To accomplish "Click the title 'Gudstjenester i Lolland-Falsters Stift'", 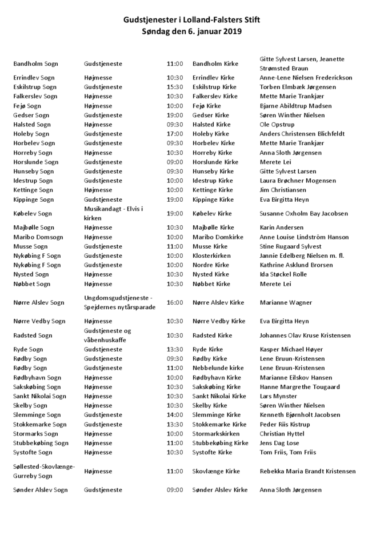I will [192, 20].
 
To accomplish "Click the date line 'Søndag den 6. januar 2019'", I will [192, 32].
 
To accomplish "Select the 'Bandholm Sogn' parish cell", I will [35, 63].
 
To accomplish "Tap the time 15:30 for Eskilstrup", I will [175, 87].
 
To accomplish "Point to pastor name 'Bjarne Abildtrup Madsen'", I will [295, 106].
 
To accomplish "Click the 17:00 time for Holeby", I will [175, 134].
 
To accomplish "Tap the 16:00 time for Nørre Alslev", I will [175, 302].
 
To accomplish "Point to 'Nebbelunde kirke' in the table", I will [218, 368].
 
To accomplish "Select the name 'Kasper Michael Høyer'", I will [291, 349].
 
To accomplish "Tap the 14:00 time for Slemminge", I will [175, 414].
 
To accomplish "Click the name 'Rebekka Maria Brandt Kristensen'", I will [307, 471].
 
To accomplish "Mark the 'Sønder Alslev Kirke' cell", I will [220, 490].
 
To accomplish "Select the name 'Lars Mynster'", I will [278, 396].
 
